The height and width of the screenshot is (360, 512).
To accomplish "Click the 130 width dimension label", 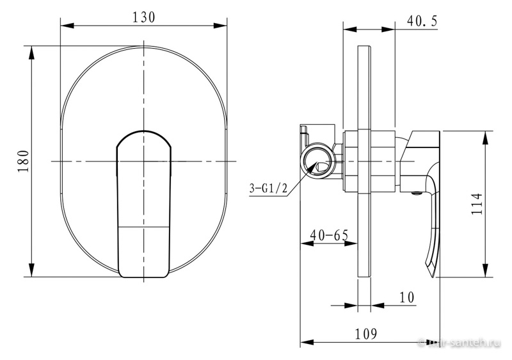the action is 143,17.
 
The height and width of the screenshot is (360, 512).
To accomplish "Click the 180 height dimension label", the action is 24,161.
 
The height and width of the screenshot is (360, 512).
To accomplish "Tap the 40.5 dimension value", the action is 422,22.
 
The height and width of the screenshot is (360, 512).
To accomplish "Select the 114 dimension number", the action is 477,204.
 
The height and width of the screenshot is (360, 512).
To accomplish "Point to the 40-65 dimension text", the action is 330,235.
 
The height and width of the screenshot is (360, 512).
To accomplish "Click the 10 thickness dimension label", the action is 407,297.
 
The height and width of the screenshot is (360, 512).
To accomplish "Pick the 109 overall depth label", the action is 366,334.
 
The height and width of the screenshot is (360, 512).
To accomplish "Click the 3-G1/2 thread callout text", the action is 268,188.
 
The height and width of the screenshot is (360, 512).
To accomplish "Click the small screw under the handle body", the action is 416,193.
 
